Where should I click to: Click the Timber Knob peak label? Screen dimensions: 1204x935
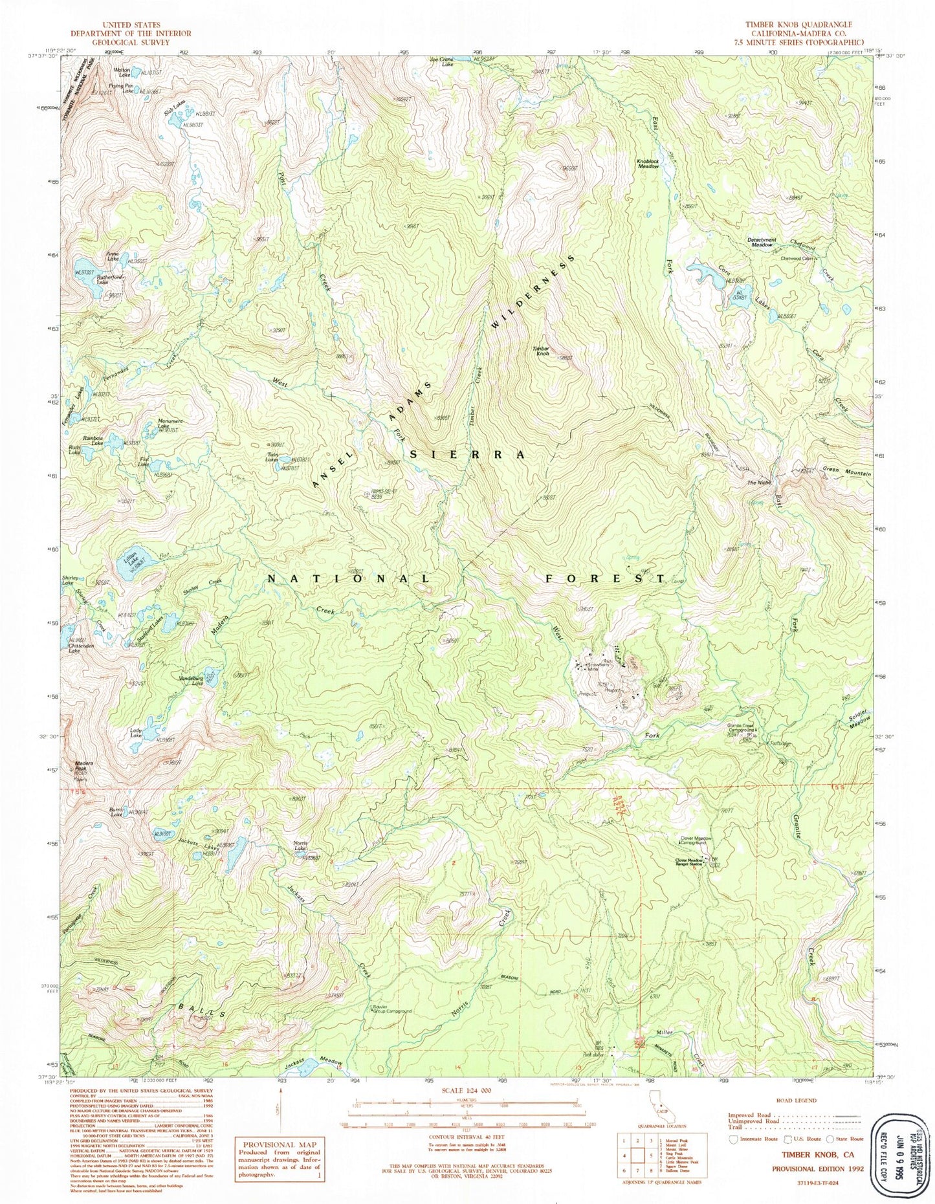(x=540, y=351)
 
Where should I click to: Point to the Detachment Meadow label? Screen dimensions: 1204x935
(x=761, y=243)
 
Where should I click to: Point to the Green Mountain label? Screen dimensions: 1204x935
(x=846, y=473)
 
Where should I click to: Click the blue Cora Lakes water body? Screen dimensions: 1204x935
(x=708, y=276)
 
